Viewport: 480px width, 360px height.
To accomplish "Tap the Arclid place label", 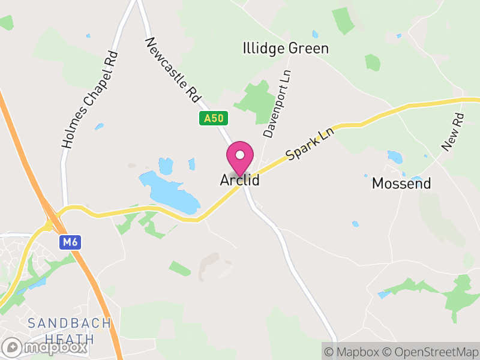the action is tap(240, 180).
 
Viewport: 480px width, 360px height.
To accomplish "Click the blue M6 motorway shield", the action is tap(69, 242).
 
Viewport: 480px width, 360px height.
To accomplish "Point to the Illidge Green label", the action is tap(286, 49).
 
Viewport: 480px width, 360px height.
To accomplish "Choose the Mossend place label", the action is tap(401, 184).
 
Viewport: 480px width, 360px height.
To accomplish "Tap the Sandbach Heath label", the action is tap(70, 331).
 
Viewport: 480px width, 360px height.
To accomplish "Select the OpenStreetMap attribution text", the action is tap(430, 352).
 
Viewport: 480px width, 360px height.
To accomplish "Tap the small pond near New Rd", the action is tap(395, 157).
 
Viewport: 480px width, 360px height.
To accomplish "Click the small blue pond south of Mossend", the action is tap(356, 224).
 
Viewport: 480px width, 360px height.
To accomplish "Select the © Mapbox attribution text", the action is tap(353, 352).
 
